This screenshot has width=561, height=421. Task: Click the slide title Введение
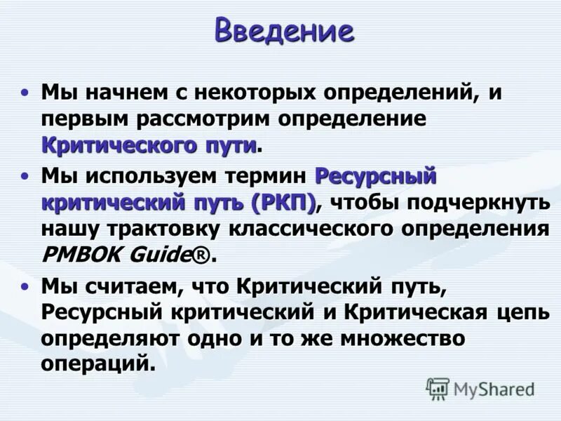click(284, 31)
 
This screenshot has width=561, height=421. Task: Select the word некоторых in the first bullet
click(245, 93)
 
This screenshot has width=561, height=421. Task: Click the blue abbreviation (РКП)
click(284, 202)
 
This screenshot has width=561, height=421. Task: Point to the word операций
click(97, 366)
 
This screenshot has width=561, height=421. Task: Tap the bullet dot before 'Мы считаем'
click(26, 286)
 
